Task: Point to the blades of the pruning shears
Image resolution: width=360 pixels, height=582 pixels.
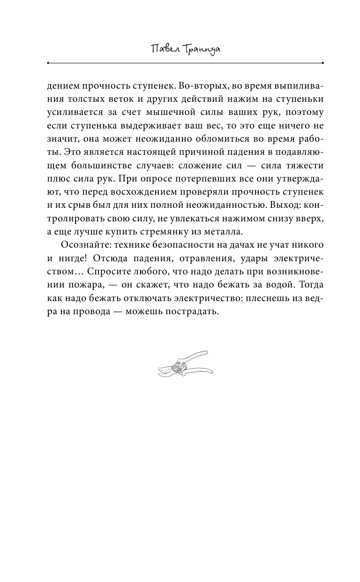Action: pos(164,370)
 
